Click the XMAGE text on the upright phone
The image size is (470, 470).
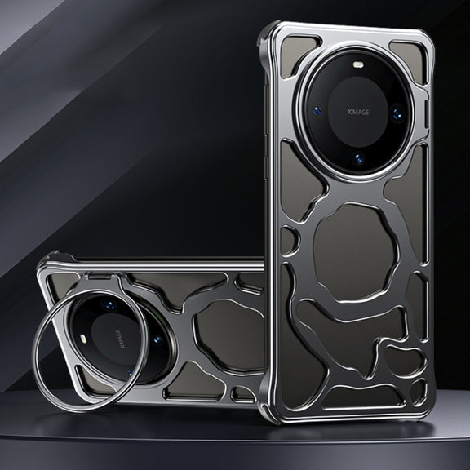tap(358, 112)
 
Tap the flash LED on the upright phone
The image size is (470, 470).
tap(357, 64)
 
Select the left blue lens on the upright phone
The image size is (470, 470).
tap(317, 111)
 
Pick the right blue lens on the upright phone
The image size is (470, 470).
tap(398, 113)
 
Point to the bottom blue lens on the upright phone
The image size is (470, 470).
tap(358, 158)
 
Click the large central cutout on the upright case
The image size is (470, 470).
tap(355, 252)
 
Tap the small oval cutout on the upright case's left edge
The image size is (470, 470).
tap(289, 241)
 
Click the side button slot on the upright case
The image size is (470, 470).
tap(426, 115)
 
